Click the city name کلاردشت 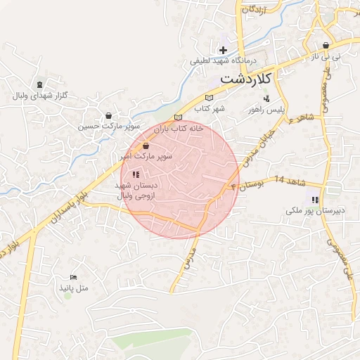pyautogui.click(x=245, y=79)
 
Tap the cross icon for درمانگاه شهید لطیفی pyautogui.click(x=224, y=50)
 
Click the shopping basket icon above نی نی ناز pyautogui.click(x=326, y=44)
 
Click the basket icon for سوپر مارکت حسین pyautogui.click(x=108, y=116)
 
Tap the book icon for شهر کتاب pyautogui.click(x=207, y=98)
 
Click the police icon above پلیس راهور pyautogui.click(x=265, y=99)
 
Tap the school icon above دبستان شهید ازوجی pyautogui.click(x=136, y=174)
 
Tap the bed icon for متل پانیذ pyautogui.click(x=74, y=278)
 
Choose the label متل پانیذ pyautogui.click(x=74, y=289)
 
